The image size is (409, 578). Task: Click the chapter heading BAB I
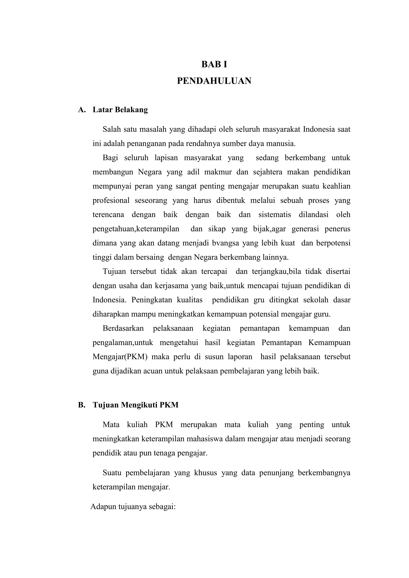pos(214,64)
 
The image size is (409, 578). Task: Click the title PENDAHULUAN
pos(214,81)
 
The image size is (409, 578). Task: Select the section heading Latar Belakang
pos(120,110)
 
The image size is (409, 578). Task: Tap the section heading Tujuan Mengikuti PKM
pos(135,405)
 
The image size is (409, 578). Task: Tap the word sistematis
pos(275,215)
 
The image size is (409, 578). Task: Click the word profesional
pos(111,201)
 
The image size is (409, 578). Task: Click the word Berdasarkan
pos(123,329)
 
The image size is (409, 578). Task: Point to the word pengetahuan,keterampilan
pos(136,229)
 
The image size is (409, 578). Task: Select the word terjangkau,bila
pos(275,272)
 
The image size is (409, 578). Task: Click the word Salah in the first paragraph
pos(110,130)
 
